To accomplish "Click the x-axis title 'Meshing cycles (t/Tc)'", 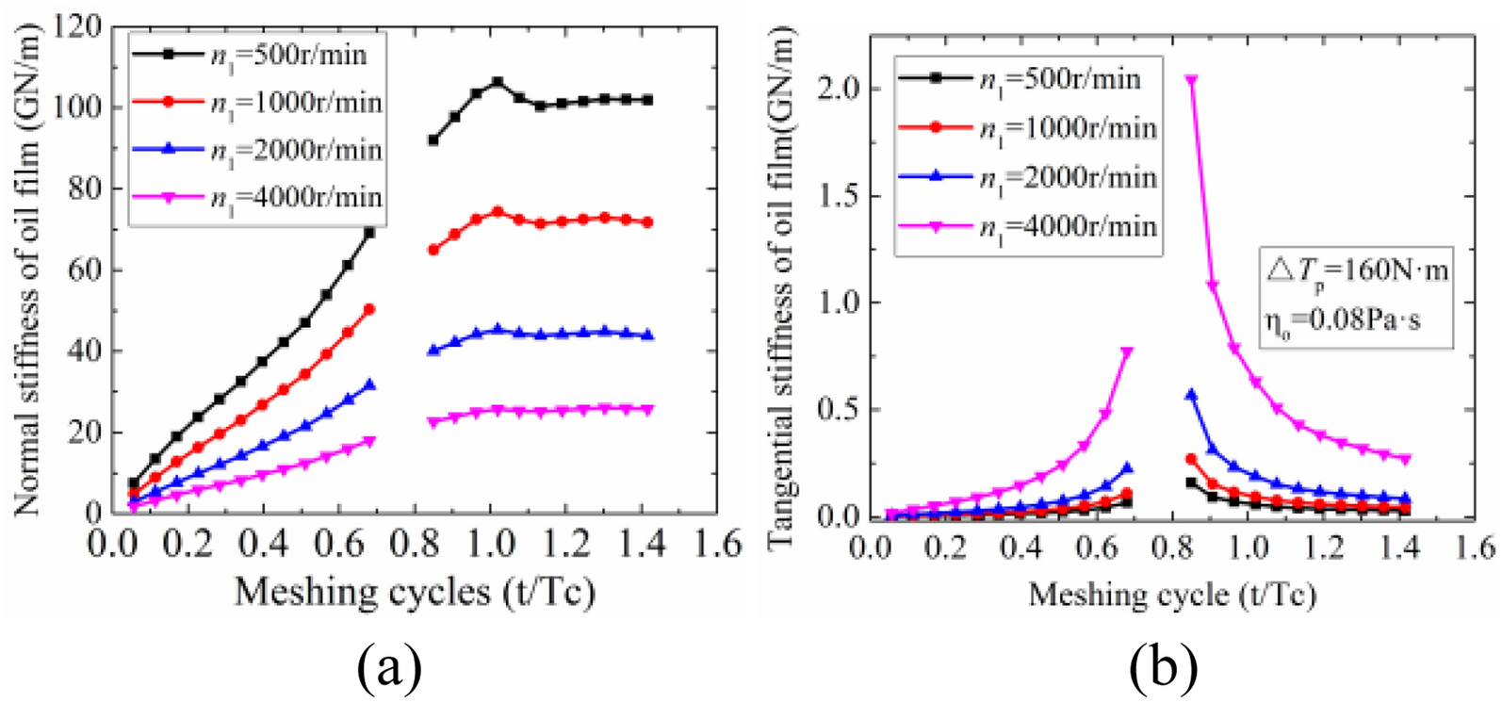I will [x=415, y=593].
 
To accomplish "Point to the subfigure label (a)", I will [x=389, y=668].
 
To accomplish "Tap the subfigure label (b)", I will [x=1164, y=668].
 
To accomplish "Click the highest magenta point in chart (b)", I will [x=1191, y=81].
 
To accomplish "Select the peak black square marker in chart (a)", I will [x=498, y=83].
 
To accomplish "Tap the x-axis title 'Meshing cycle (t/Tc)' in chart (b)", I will [x=1171, y=595].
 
